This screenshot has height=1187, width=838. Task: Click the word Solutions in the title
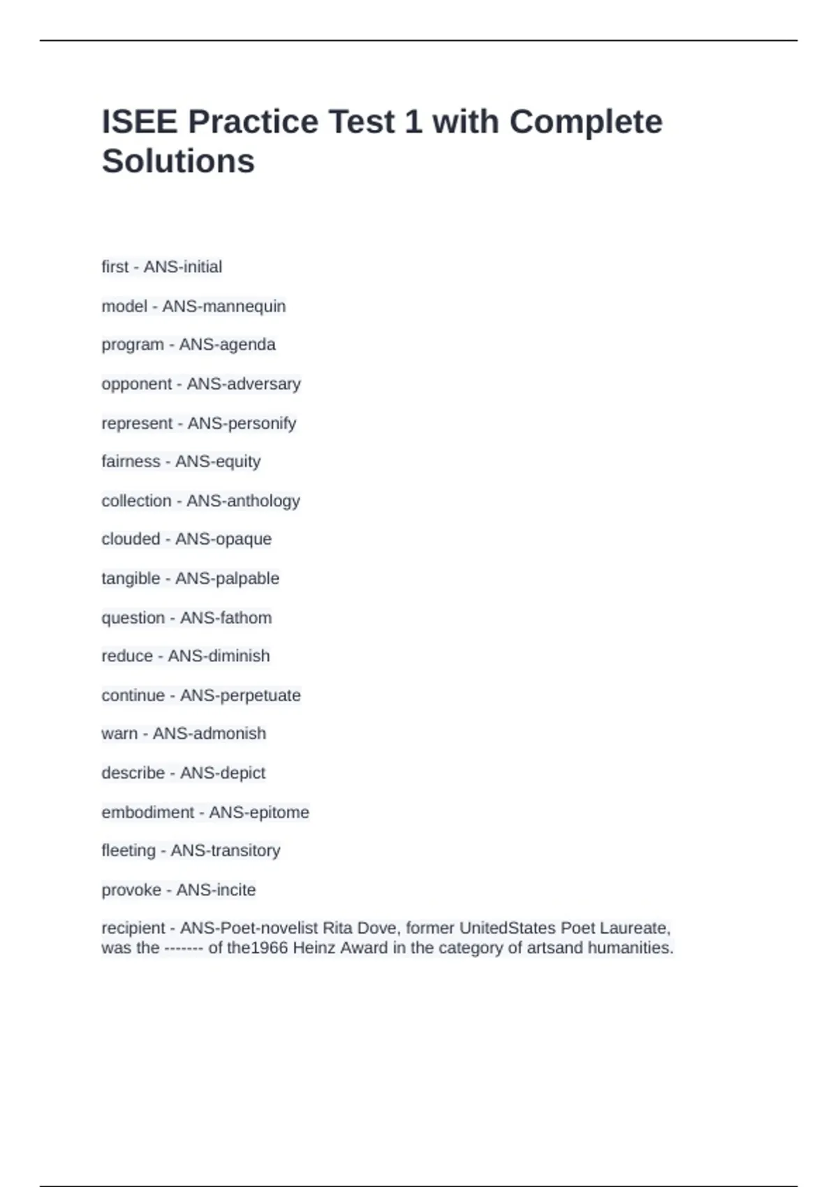coord(178,161)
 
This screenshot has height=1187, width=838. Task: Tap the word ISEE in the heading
coord(140,122)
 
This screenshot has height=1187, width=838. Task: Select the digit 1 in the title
coord(413,122)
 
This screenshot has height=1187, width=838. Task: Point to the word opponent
coord(136,385)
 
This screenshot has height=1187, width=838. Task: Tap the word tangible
coord(131,579)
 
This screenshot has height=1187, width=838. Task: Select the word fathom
coord(244,618)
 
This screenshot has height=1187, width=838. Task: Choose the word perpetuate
coord(260,695)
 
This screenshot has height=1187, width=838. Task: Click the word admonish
coord(230,733)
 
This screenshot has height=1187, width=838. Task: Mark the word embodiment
coord(148,812)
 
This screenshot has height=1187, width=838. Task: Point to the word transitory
coord(244,850)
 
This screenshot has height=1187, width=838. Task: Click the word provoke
coord(131,890)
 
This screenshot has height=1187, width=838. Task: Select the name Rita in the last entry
coord(337,928)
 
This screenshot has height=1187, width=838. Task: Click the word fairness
coord(131,462)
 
